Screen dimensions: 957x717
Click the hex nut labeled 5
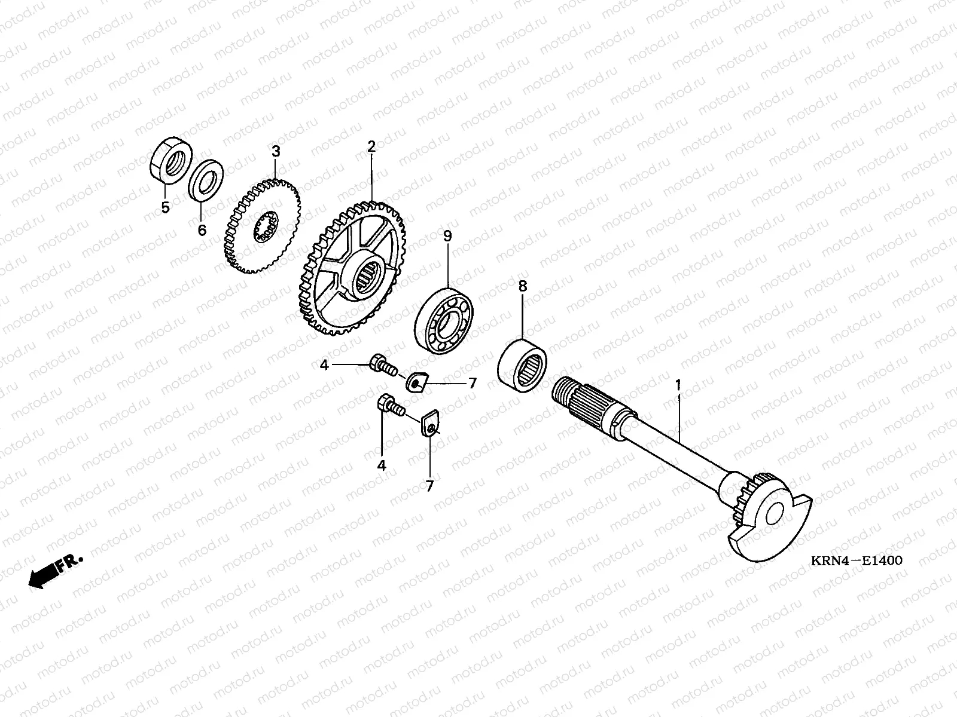tap(170, 160)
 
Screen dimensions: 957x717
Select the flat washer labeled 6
tap(205, 180)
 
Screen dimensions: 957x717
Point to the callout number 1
tap(678, 385)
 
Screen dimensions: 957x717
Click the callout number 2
tap(371, 147)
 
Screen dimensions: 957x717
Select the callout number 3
tap(276, 152)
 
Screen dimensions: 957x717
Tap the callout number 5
tap(165, 208)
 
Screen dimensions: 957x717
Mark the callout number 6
tap(202, 230)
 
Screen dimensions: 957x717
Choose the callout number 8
tap(522, 286)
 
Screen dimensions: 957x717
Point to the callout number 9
tap(447, 236)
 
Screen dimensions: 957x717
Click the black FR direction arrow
tap(55, 571)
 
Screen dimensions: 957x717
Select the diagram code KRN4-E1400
tap(857, 560)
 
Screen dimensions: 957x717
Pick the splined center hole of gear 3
tap(266, 227)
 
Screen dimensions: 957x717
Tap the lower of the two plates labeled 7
tap(430, 422)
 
